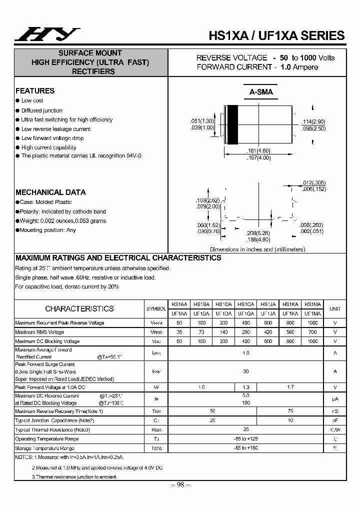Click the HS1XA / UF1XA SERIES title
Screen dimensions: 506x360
pos(276,35)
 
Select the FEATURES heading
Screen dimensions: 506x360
pos(35,91)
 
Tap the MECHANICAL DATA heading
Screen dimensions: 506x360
pos(50,192)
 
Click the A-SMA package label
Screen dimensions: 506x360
pos(261,92)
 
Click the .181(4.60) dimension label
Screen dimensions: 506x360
pos(258,150)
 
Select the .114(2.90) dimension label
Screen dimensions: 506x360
pos(313,122)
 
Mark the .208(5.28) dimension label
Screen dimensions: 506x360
pos(258,233)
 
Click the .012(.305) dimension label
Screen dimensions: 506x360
pos(314,183)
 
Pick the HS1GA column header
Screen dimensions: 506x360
pos(245,303)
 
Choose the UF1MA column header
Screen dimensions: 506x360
pos(312,313)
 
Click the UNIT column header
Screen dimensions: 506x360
pos(335,308)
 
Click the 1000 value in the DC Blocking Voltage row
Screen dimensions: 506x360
pos(312,341)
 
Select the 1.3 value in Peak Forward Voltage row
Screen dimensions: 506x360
pos(245,387)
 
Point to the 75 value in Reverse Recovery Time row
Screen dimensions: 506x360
pos(290,411)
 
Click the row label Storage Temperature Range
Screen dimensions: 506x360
pos(44,448)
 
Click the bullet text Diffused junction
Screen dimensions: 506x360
pos(42,110)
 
